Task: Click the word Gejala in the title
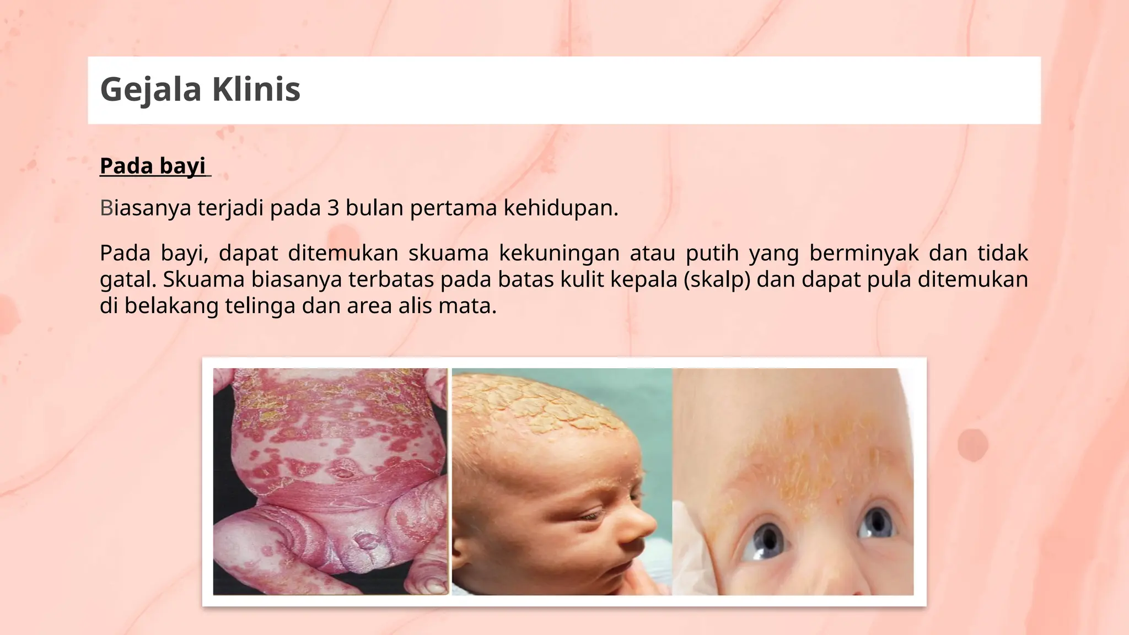point(150,89)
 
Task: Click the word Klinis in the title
point(256,89)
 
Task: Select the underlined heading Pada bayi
point(153,166)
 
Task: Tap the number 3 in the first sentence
point(332,208)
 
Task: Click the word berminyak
point(864,254)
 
